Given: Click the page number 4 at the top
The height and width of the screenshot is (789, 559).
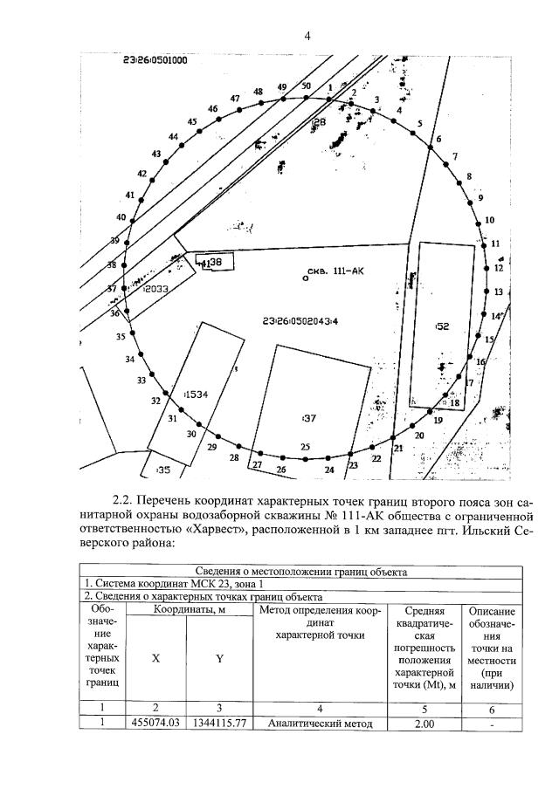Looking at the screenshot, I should click(307, 35).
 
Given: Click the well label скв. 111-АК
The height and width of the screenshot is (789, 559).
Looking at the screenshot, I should click(335, 271).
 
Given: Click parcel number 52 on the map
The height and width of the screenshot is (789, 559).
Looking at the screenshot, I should click(442, 326).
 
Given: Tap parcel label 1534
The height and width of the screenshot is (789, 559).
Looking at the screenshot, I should click(197, 395).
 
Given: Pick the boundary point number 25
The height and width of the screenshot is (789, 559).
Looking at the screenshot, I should click(305, 448).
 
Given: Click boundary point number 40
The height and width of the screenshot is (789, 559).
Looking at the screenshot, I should click(121, 217).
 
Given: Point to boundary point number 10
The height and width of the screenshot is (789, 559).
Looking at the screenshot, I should click(489, 220).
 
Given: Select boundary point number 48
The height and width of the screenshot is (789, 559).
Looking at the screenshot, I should click(258, 92).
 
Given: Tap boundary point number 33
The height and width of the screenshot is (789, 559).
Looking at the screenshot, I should click(141, 381).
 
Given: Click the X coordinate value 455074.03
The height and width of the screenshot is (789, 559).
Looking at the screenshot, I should click(155, 724).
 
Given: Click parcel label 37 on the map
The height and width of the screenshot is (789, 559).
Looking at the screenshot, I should click(308, 418).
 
